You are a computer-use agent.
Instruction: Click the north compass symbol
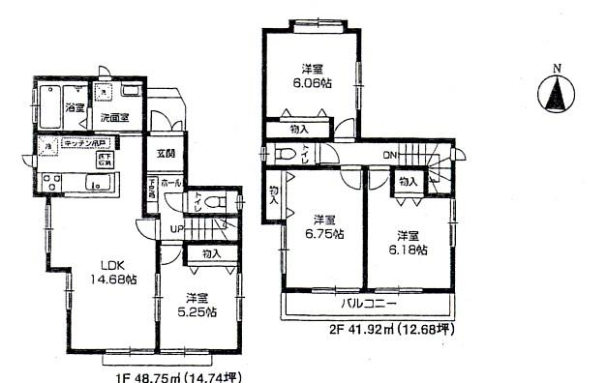click(557, 93)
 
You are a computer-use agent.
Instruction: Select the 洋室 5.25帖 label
click(197, 305)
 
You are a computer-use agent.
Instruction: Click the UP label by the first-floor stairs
click(176, 228)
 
